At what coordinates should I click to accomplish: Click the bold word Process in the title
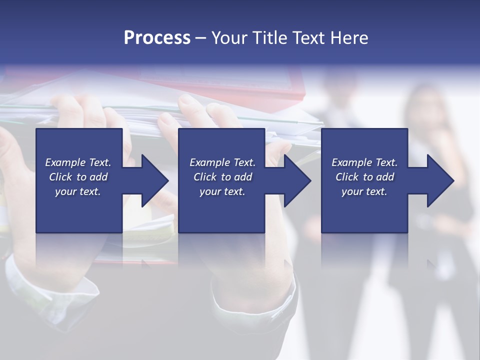pyautogui.click(x=157, y=38)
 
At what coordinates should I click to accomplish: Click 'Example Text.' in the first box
pyautogui.click(x=78, y=162)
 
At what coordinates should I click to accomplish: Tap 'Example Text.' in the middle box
pyautogui.click(x=222, y=162)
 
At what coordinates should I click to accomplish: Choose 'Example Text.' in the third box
pyautogui.click(x=364, y=162)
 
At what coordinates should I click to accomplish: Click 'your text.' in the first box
pyautogui.click(x=78, y=191)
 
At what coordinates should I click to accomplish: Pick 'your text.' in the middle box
pyautogui.click(x=222, y=191)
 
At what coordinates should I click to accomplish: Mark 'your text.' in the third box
pyautogui.click(x=364, y=191)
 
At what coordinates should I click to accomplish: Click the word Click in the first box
pyautogui.click(x=61, y=177)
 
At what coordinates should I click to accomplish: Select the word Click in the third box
pyautogui.click(x=347, y=177)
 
